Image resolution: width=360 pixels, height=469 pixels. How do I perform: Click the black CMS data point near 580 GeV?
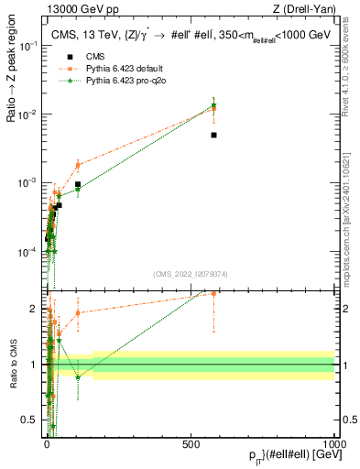[x=213, y=135]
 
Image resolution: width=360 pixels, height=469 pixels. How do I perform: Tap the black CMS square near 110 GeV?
[x=78, y=184]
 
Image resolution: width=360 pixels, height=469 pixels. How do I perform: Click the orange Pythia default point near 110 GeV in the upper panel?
[x=78, y=165]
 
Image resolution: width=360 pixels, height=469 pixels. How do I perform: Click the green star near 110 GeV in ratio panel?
[x=78, y=376]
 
